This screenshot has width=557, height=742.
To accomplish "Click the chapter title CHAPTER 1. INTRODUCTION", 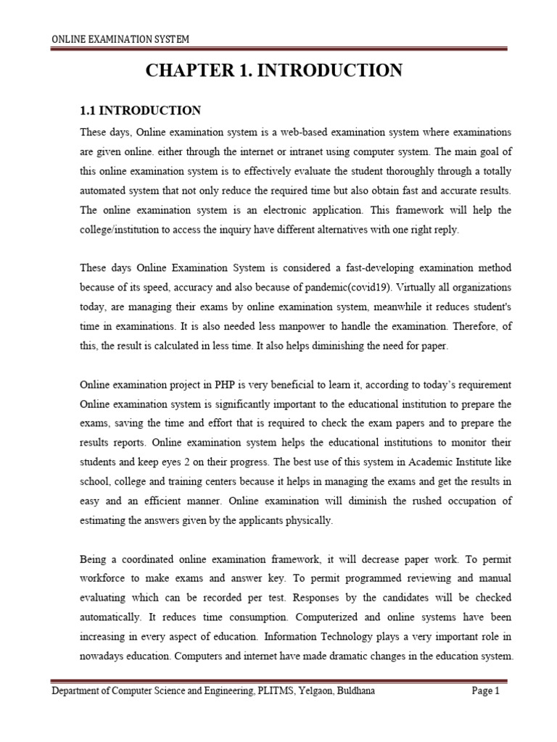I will coord(274,71).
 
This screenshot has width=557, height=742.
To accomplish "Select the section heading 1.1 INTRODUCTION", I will coord(140,111).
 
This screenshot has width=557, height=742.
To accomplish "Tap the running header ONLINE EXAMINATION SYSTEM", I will coord(120,38).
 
